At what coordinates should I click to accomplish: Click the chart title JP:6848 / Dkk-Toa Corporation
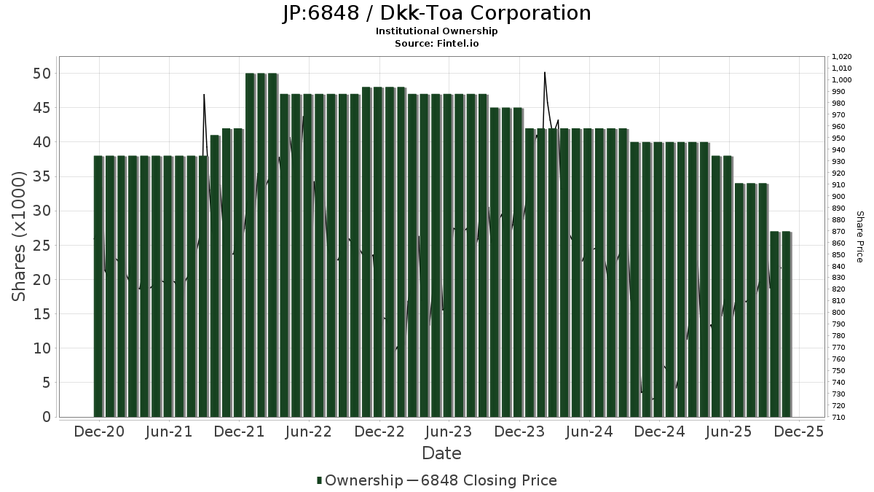point(436,13)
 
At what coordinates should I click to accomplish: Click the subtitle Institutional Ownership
point(436,31)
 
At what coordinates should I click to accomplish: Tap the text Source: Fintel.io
point(436,43)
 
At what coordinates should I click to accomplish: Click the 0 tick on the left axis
point(46,417)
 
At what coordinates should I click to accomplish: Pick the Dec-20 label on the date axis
point(99,432)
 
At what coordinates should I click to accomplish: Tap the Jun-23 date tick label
point(449,432)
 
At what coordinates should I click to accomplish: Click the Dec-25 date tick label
point(799,432)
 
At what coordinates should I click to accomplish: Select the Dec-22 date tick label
point(379,432)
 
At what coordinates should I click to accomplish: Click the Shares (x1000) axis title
point(20,236)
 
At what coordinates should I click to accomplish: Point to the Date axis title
point(441,453)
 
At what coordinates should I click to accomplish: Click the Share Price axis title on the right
point(859,236)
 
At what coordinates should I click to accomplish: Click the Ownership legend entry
point(360,480)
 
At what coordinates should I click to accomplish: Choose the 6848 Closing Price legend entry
point(481,480)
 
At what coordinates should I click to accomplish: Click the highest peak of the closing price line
point(545,72)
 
